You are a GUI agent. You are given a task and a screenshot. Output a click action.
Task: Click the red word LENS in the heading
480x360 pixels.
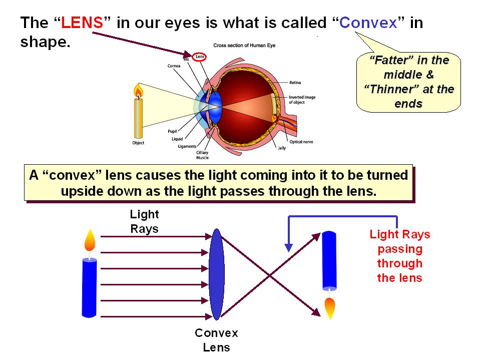[x=82, y=23]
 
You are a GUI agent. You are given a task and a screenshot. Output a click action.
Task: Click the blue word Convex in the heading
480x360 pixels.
[x=368, y=23]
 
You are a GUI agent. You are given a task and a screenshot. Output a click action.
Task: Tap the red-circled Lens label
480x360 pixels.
[x=199, y=57]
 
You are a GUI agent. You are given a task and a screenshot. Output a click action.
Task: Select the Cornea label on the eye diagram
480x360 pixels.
[x=174, y=66]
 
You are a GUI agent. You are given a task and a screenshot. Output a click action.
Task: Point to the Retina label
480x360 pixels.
[x=295, y=82]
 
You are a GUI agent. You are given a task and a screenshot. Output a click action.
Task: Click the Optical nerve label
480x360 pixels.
[x=301, y=142]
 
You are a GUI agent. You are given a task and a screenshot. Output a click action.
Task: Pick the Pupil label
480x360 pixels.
[x=172, y=131]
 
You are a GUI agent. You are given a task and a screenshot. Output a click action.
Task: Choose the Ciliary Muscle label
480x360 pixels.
[x=202, y=155]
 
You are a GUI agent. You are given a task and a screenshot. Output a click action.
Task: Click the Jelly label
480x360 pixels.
[x=282, y=148]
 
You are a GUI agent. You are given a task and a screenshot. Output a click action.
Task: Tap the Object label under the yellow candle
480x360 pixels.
[x=138, y=143]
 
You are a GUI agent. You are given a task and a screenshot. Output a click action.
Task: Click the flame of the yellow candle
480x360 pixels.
[x=138, y=91]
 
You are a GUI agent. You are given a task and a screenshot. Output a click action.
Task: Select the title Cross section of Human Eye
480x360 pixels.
[x=244, y=45]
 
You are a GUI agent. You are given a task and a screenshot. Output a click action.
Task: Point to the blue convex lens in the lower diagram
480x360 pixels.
[x=216, y=274]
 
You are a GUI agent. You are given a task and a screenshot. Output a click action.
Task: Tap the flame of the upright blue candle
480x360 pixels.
[x=90, y=240]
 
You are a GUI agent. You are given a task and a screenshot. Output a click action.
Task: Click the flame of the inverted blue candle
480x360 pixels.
[x=330, y=308]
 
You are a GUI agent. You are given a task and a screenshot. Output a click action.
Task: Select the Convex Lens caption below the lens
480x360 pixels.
[x=216, y=340]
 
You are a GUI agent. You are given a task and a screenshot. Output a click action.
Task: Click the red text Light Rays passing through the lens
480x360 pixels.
[x=400, y=256]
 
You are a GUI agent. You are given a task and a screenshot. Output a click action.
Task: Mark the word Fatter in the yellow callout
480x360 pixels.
[x=391, y=60]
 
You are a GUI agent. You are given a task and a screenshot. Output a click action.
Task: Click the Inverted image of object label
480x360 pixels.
[x=302, y=100]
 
